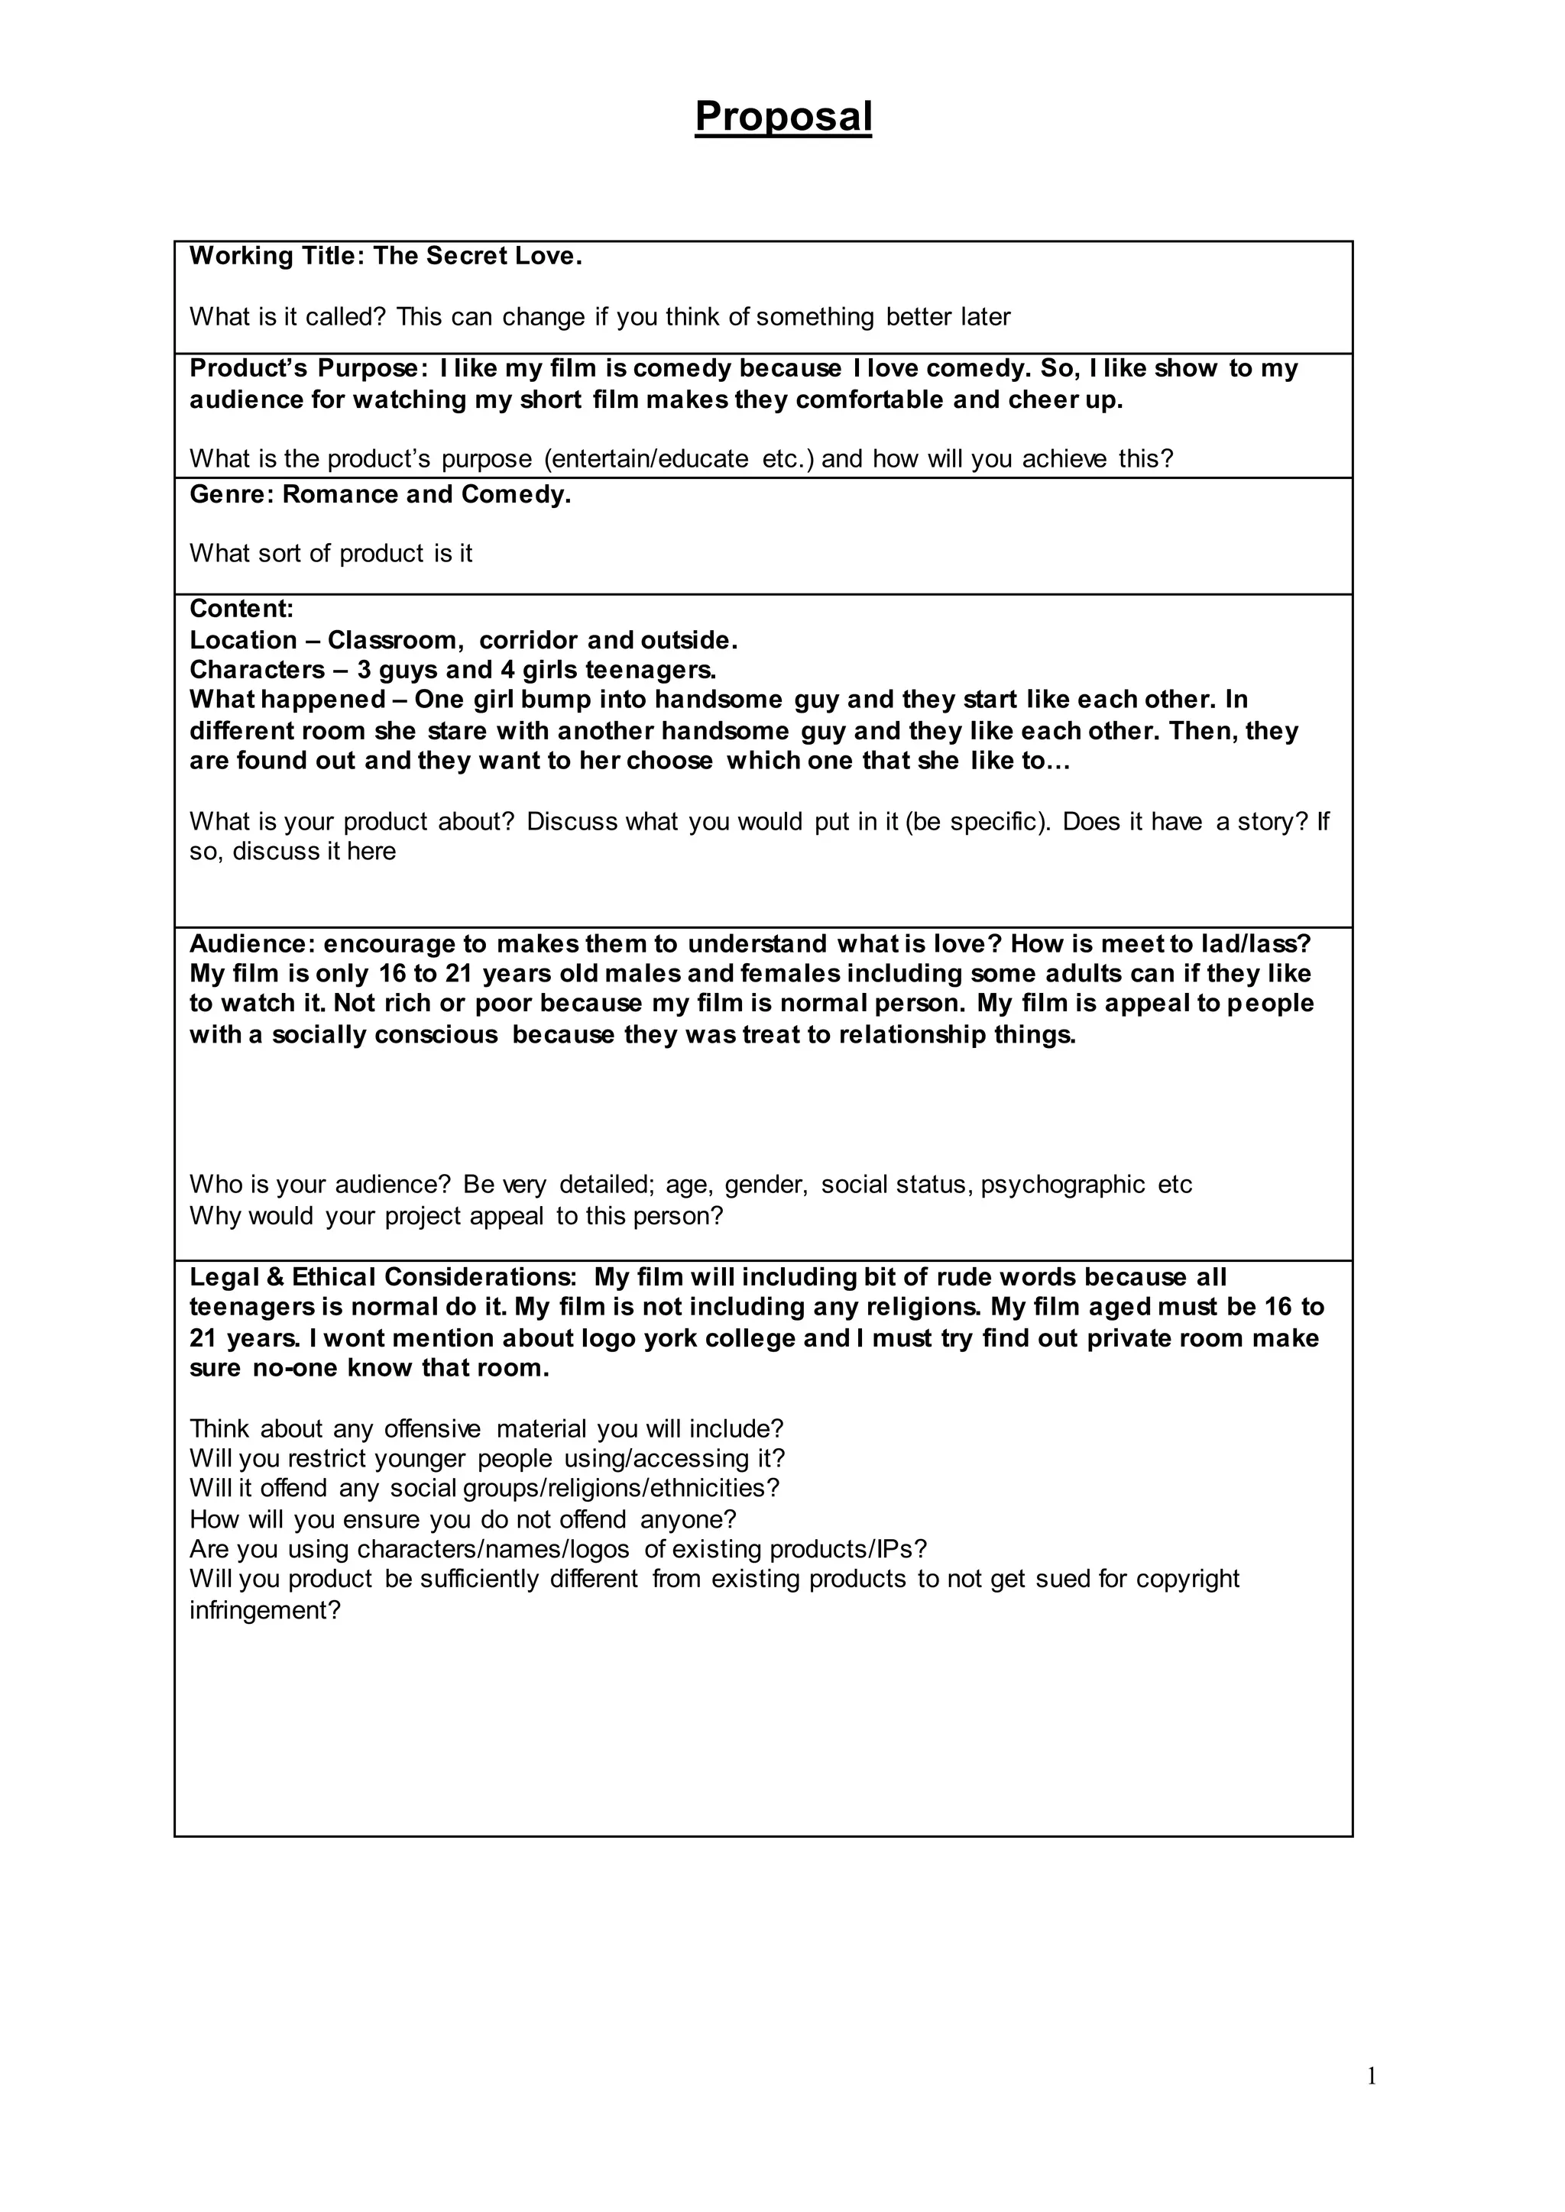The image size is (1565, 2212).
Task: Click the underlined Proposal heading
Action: click(782, 117)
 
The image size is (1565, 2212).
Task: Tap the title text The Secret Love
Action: click(478, 257)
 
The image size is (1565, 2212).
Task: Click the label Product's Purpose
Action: click(307, 368)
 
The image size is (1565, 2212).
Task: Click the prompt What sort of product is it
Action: click(331, 553)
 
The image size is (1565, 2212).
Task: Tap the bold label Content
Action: click(241, 609)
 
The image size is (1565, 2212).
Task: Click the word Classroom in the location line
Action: click(395, 641)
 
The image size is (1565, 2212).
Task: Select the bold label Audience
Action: click(251, 943)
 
